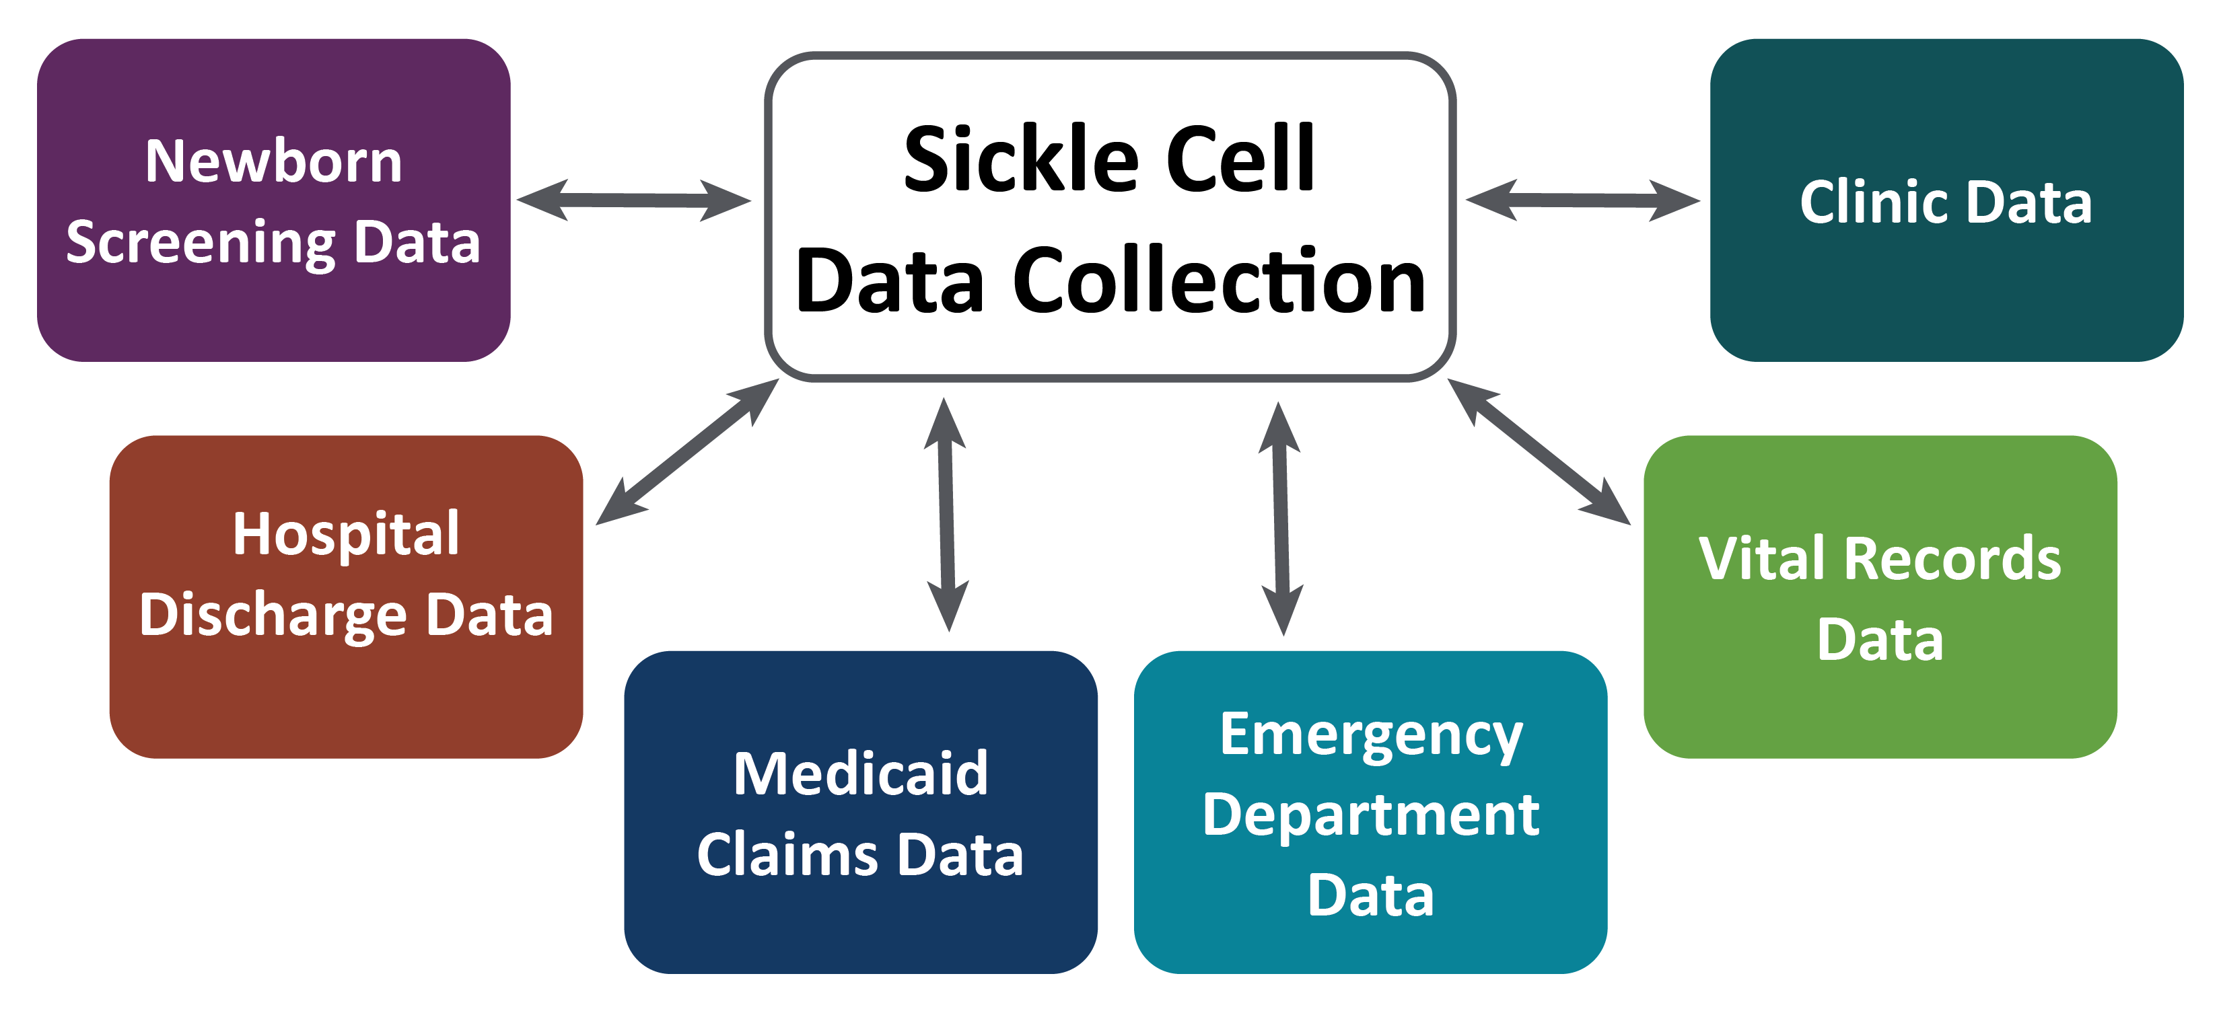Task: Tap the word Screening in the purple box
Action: click(200, 242)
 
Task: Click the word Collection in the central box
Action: click(1218, 281)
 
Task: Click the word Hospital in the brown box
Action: click(346, 533)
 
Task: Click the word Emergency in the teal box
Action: click(1371, 735)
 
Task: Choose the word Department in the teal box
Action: click(1371, 815)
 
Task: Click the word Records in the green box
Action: click(1952, 558)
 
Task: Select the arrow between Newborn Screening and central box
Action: click(634, 200)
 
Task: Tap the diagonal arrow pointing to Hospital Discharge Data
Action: click(687, 451)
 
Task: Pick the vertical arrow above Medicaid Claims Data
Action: click(947, 515)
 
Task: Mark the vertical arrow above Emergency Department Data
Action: click(1281, 518)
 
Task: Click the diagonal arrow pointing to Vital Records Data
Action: click(1539, 451)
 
